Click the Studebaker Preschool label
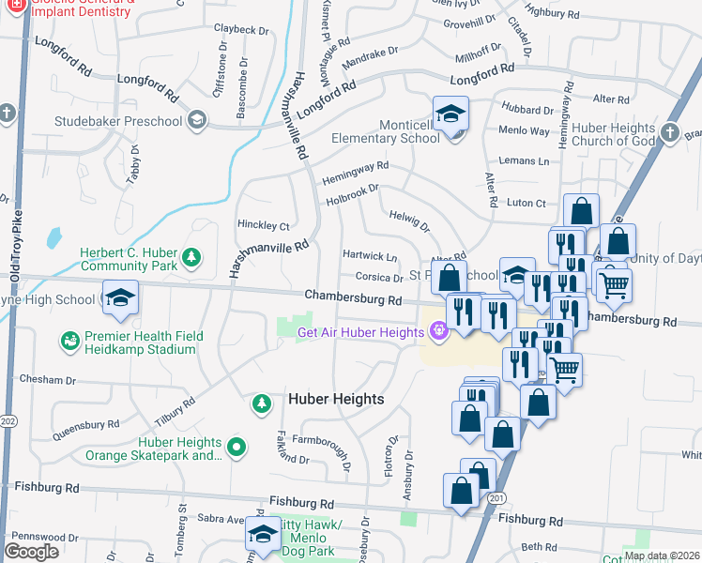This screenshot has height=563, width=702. pyautogui.click(x=130, y=121)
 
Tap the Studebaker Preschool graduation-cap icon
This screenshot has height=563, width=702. pyautogui.click(x=197, y=120)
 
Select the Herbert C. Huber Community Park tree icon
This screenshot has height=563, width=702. pyautogui.click(x=191, y=256)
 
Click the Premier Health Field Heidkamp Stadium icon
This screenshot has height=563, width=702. pyautogui.click(x=69, y=339)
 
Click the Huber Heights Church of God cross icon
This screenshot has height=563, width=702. pyautogui.click(x=669, y=133)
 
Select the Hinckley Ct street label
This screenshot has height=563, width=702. pyautogui.click(x=264, y=226)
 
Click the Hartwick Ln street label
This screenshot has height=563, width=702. pyautogui.click(x=370, y=256)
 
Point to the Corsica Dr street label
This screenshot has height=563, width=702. pyautogui.click(x=379, y=277)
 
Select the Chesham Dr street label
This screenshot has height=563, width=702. pyautogui.click(x=46, y=380)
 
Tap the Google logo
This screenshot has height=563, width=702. pyautogui.click(x=32, y=551)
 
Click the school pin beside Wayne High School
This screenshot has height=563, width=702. pyautogui.click(x=120, y=297)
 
